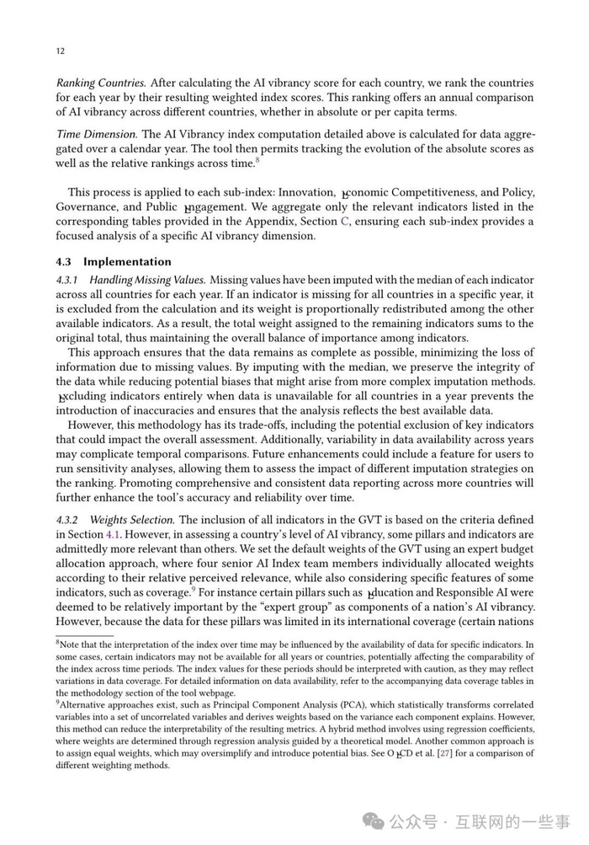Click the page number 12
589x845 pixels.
click(x=60, y=51)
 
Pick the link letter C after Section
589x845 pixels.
click(x=343, y=222)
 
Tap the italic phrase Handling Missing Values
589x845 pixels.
click(x=147, y=280)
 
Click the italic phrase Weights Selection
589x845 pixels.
click(x=132, y=520)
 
